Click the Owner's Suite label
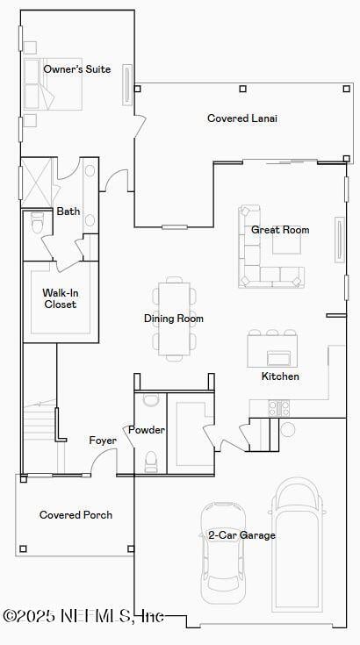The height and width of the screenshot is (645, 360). pyautogui.click(x=77, y=69)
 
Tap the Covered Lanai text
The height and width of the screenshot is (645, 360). pyautogui.click(x=241, y=118)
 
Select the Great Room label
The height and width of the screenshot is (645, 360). pyautogui.click(x=280, y=230)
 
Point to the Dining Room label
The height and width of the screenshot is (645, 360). pyautogui.click(x=174, y=319)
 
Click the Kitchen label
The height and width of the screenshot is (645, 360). pyautogui.click(x=280, y=376)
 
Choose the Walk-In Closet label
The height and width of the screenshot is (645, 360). pyautogui.click(x=60, y=299)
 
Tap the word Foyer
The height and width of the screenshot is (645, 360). pyautogui.click(x=103, y=441)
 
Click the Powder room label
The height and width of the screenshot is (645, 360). pyautogui.click(x=146, y=430)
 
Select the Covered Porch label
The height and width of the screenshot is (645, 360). pyautogui.click(x=76, y=515)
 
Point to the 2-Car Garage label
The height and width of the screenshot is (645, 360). pyautogui.click(x=241, y=535)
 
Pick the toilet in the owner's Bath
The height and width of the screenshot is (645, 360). pyautogui.click(x=37, y=223)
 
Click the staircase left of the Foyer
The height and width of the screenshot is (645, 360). pyautogui.click(x=39, y=430)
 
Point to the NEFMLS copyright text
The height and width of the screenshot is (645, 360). pyautogui.click(x=83, y=617)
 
